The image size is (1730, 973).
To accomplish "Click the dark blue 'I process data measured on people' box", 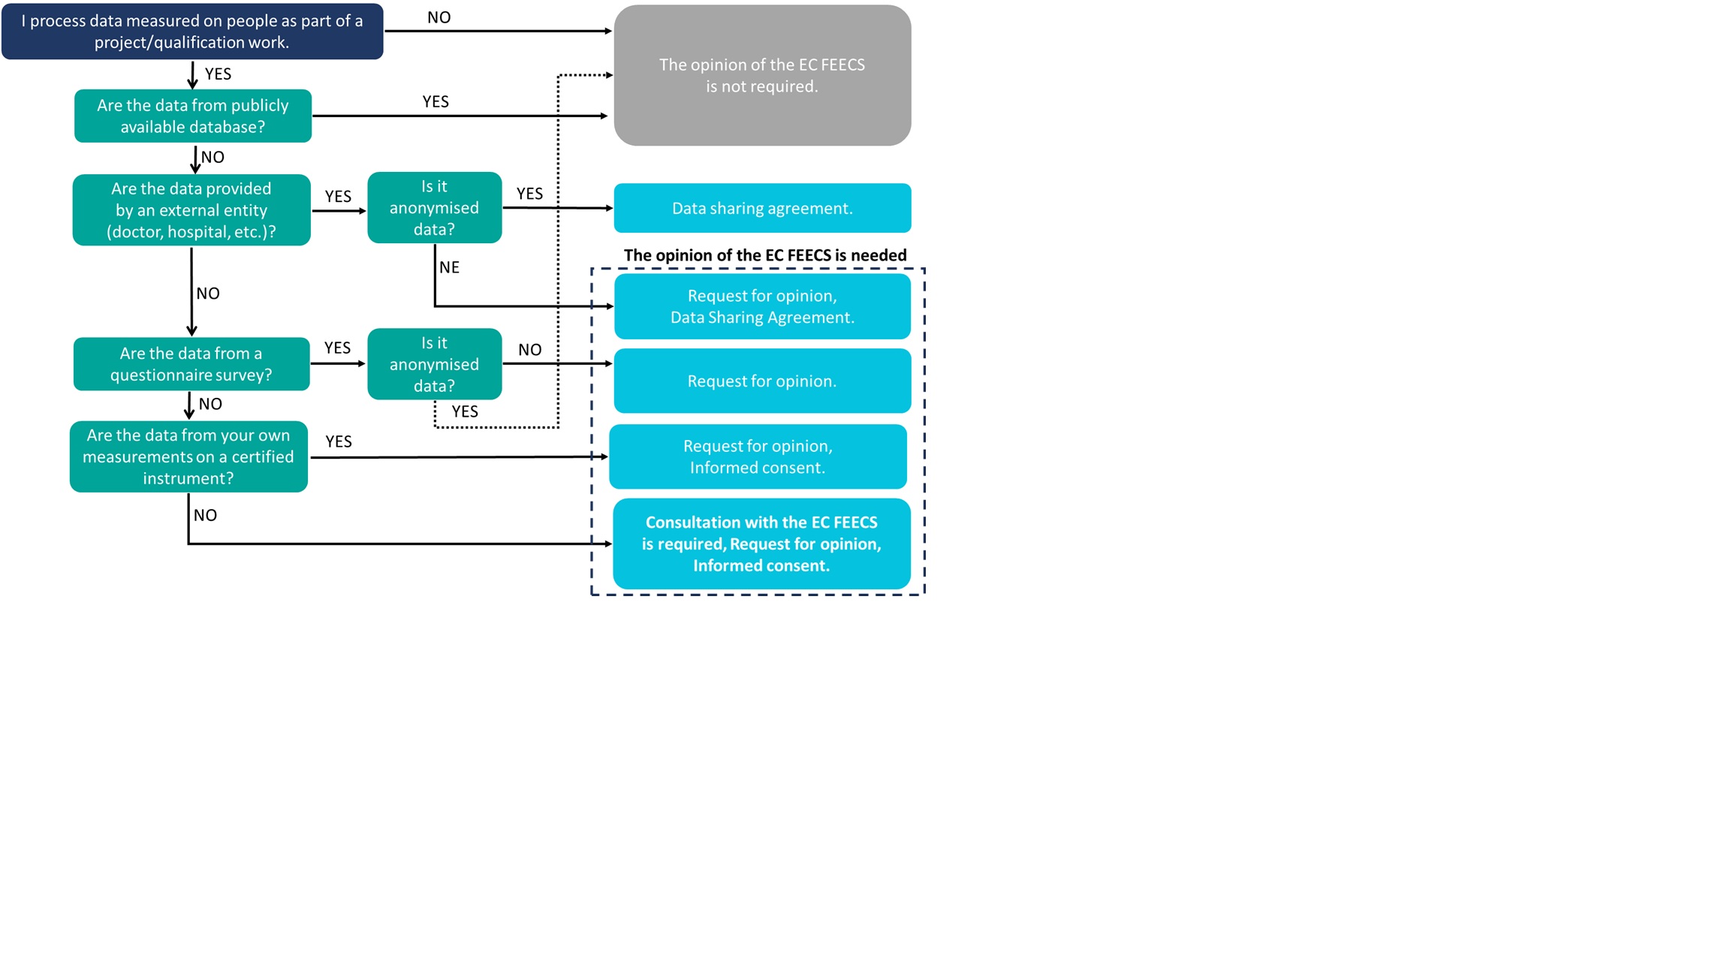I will point(192,32).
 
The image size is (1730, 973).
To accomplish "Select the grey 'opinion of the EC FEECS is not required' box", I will point(762,75).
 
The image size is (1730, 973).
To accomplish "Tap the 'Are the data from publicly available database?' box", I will point(193,116).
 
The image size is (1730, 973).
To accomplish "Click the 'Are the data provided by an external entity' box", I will point(191,210).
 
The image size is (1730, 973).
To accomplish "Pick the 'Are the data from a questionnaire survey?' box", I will point(191,364).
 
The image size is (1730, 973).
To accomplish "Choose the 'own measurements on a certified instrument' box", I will point(188,456).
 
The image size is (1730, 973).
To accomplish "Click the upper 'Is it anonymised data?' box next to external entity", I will point(434,208).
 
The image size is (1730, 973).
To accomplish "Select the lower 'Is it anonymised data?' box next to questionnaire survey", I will point(434,364).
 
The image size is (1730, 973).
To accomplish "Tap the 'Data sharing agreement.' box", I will point(762,208).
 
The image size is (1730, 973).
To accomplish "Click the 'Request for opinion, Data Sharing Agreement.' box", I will point(762,306).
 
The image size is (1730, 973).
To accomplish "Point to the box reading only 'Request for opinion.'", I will point(762,381).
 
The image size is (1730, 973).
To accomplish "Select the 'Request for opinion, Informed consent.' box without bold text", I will point(758,456).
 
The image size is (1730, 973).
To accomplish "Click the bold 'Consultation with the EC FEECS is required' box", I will point(761,544).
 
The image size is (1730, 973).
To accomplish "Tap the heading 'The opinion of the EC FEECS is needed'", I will point(765,255).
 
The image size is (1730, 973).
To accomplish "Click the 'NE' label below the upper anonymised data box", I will point(449,267).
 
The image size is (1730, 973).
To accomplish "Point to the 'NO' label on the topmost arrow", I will point(439,17).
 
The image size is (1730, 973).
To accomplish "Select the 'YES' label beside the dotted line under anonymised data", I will point(465,411).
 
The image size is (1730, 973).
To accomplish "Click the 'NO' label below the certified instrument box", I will point(205,515).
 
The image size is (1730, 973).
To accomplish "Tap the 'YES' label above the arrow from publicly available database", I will point(436,101).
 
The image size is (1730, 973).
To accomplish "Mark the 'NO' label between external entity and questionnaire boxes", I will point(208,294).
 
